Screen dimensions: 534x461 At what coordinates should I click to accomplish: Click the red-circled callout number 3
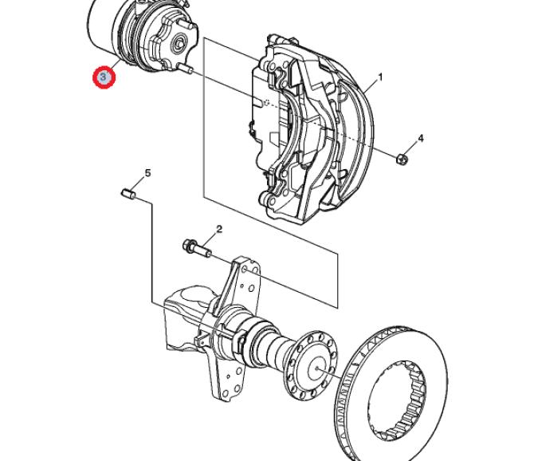104,77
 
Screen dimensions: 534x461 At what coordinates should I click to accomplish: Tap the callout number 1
380,77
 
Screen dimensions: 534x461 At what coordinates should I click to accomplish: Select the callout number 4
421,138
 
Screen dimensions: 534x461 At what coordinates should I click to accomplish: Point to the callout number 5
147,173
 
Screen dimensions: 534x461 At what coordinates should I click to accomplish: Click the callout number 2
219,229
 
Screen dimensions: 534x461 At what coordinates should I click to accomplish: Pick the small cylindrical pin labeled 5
129,195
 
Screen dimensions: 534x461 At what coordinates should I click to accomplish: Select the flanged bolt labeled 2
197,249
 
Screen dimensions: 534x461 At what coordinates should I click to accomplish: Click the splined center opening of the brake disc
397,400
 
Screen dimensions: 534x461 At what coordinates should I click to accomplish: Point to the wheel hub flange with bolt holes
311,365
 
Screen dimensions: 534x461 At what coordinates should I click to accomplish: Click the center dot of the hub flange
316,368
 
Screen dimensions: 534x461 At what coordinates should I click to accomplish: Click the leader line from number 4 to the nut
410,149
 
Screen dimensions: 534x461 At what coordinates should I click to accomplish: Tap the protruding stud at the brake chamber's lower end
187,69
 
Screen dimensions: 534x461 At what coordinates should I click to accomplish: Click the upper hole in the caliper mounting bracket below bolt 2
245,270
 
